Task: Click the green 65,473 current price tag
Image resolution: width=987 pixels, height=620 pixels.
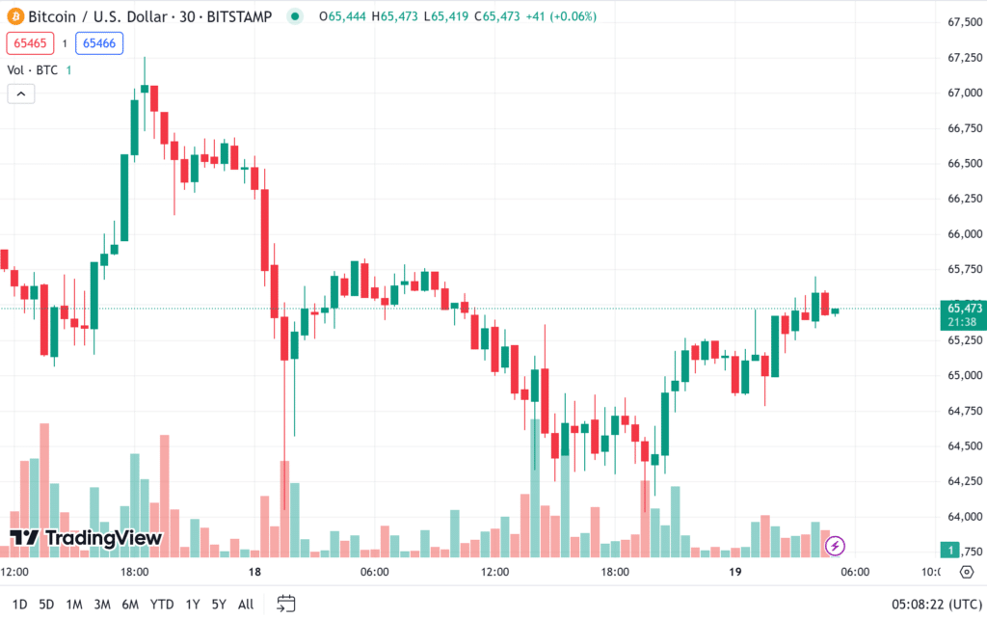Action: pyautogui.click(x=962, y=309)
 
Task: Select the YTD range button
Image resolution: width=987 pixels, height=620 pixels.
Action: pyautogui.click(x=161, y=605)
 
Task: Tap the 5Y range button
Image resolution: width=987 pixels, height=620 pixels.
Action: pyautogui.click(x=219, y=605)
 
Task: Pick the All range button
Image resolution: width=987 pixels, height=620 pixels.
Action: pyautogui.click(x=246, y=605)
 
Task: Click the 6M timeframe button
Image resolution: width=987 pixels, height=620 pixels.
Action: pyautogui.click(x=130, y=605)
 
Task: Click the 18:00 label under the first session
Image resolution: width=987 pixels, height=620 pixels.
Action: pyautogui.click(x=134, y=572)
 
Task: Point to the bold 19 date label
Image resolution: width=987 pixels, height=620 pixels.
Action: pyautogui.click(x=735, y=572)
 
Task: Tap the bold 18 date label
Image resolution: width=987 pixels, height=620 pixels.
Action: pyautogui.click(x=254, y=572)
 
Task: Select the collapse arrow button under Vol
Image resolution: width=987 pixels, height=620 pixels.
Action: pyautogui.click(x=20, y=94)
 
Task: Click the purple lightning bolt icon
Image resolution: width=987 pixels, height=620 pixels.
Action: pyautogui.click(x=836, y=547)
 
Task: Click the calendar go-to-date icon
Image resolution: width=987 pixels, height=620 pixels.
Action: pyautogui.click(x=286, y=605)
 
